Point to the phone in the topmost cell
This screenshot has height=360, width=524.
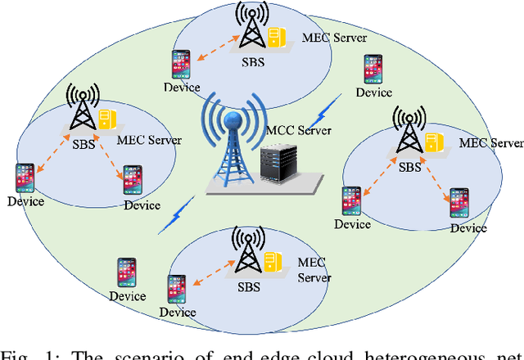pos(181,65)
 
